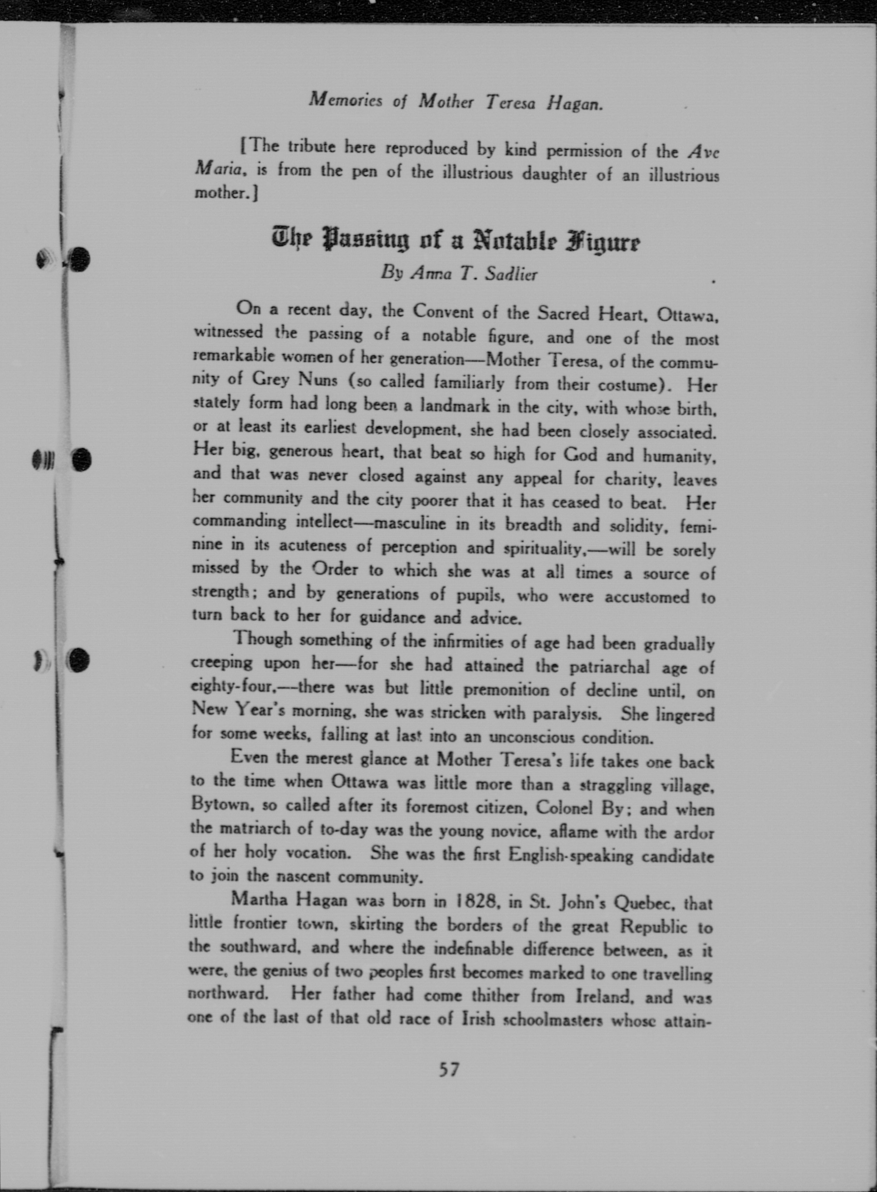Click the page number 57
[449, 1069]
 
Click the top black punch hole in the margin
[79, 259]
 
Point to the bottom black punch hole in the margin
[79, 660]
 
